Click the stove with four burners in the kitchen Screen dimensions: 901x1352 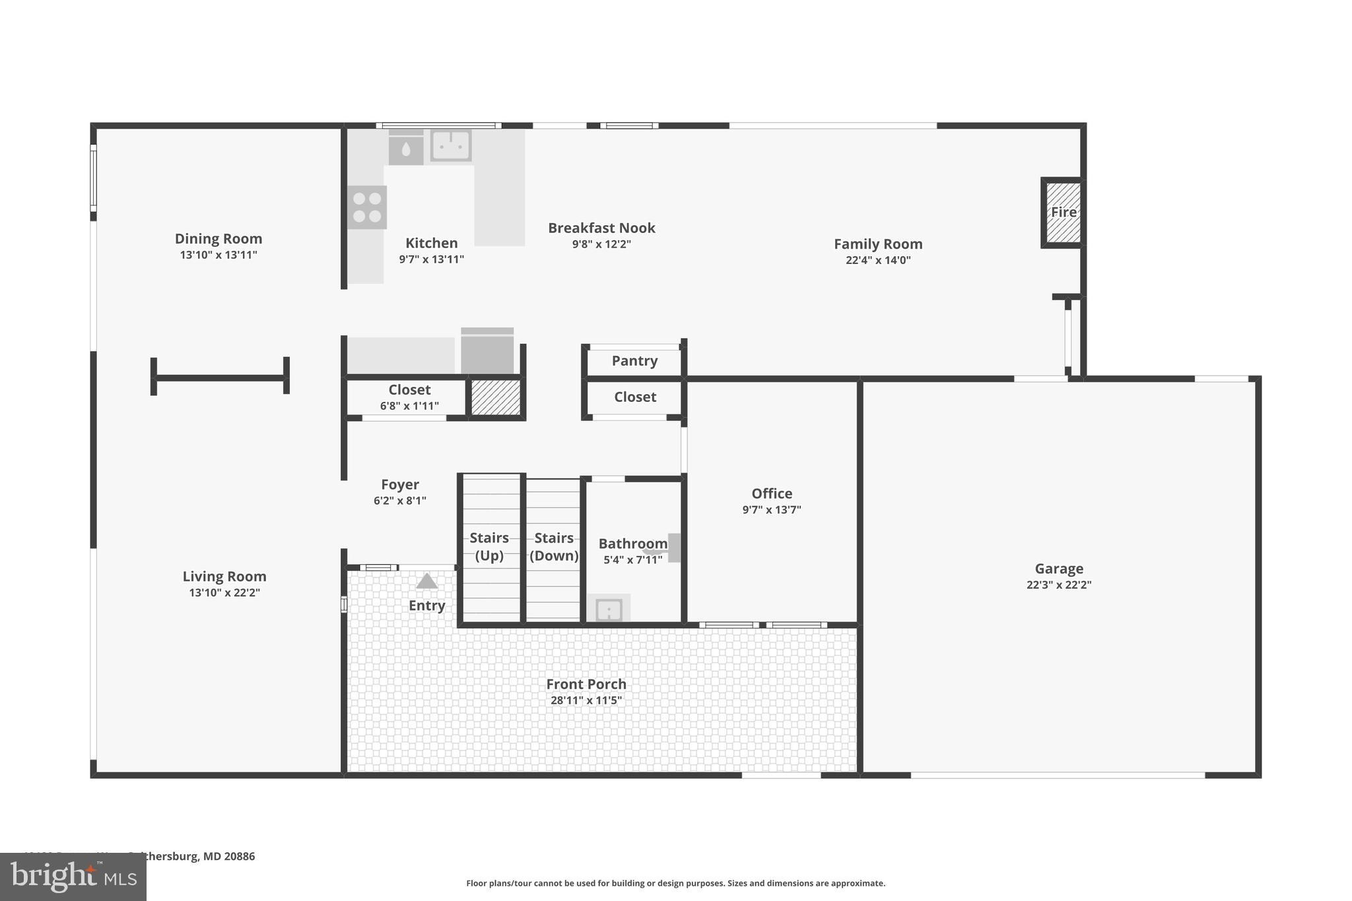coord(367,207)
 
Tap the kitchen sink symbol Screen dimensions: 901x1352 coord(451,145)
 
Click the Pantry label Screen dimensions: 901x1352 coord(634,361)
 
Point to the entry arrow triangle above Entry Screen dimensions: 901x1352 coord(426,582)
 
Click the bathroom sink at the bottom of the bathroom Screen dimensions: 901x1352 coord(609,609)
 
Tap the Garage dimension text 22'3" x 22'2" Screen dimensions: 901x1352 coord(1059,585)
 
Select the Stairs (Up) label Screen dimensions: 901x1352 coord(489,547)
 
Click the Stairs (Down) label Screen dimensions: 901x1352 coord(554,547)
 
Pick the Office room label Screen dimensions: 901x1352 coord(772,494)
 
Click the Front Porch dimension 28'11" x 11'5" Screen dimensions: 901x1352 coord(586,700)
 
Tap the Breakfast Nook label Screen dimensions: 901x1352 coord(601,228)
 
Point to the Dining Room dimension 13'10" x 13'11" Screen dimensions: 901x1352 coord(219,255)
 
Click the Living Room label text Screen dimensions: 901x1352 coord(224,577)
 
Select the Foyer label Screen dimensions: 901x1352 coord(399,484)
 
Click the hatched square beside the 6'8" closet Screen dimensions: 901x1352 coord(496,397)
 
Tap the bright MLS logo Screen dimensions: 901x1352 coord(73,877)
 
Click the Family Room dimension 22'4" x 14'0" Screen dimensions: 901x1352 coord(878,260)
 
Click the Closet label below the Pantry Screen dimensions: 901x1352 coord(635,397)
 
